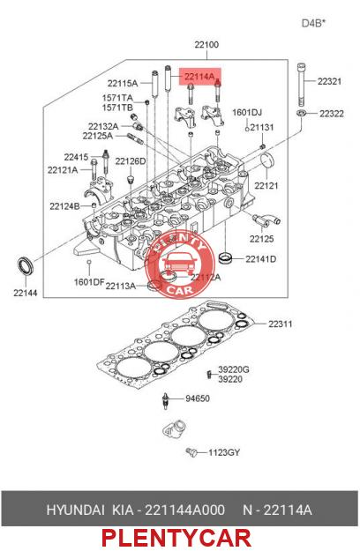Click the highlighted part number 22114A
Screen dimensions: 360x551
[x=199, y=76]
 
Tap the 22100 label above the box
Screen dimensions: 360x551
[x=206, y=45]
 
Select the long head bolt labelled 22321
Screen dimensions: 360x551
[x=301, y=85]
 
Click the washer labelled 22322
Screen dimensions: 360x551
[x=301, y=113]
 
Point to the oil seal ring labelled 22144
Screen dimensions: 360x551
[x=26, y=266]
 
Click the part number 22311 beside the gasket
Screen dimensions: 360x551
[x=281, y=324]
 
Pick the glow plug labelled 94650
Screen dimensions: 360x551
[x=166, y=400]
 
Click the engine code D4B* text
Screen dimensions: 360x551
[x=313, y=23]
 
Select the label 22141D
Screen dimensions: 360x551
[x=261, y=259]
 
